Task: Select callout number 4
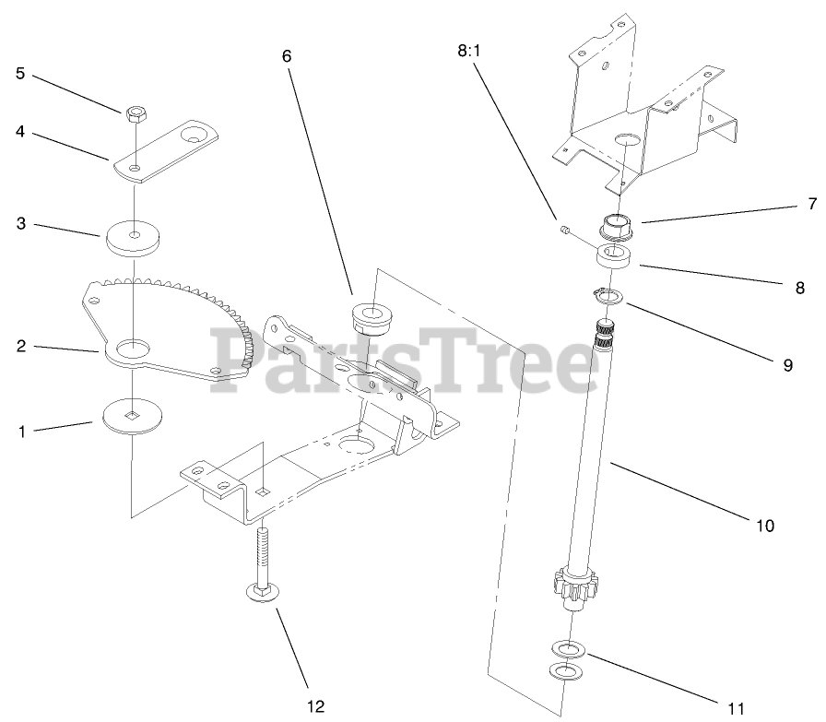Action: pyautogui.click(x=19, y=131)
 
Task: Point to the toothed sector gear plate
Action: pyautogui.click(x=175, y=323)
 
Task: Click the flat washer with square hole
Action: pyautogui.click(x=133, y=415)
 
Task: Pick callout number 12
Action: pyautogui.click(x=315, y=707)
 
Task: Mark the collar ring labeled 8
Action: pyautogui.click(x=616, y=255)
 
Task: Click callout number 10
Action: pyautogui.click(x=765, y=527)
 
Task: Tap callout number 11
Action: pyautogui.click(x=735, y=707)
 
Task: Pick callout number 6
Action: pyautogui.click(x=287, y=55)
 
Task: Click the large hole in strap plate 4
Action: pyautogui.click(x=195, y=135)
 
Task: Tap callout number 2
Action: pyautogui.click(x=19, y=347)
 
